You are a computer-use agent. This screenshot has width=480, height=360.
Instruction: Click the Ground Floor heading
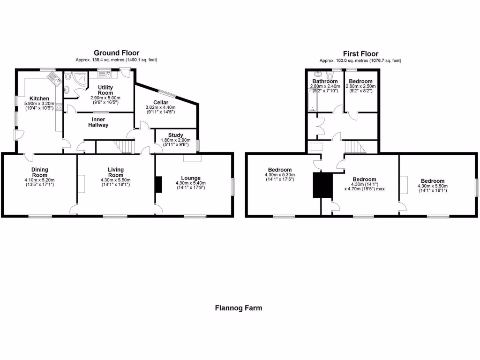(x=116, y=53)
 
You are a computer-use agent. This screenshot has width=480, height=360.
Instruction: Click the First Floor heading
(x=360, y=54)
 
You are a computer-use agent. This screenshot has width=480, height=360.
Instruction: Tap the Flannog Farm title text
(x=239, y=308)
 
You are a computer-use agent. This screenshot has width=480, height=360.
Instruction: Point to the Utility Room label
(x=105, y=90)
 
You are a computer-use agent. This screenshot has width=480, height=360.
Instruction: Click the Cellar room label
(x=160, y=102)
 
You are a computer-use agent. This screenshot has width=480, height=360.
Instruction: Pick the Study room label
(x=176, y=135)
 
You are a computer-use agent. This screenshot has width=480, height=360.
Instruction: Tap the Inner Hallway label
(x=98, y=122)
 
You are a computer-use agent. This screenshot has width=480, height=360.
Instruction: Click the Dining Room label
(x=40, y=172)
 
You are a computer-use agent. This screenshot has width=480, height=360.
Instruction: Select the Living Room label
(x=116, y=172)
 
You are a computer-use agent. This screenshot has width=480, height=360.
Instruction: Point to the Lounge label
(x=191, y=178)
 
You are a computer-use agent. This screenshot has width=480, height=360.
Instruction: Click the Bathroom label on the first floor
(x=325, y=81)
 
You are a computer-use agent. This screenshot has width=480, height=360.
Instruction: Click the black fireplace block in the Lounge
(x=158, y=184)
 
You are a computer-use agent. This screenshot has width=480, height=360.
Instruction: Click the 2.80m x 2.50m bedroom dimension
(x=360, y=87)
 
